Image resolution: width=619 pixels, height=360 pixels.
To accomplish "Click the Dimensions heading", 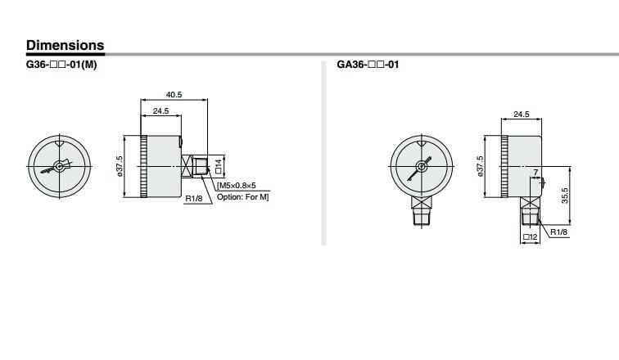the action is click(x=66, y=45).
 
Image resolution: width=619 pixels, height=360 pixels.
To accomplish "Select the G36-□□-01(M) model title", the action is click(x=61, y=65).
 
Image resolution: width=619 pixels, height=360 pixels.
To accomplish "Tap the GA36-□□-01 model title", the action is click(x=368, y=65).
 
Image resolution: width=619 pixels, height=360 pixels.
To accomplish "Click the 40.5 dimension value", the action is click(x=174, y=95).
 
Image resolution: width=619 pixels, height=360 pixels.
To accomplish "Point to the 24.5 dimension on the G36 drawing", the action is click(x=161, y=110).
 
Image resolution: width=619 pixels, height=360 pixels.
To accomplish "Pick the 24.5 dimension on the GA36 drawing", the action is click(x=522, y=114).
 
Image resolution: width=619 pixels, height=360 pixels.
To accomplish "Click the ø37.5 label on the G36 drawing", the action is click(x=120, y=165).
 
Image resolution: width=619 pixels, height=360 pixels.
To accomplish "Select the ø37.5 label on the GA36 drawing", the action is click(x=480, y=165).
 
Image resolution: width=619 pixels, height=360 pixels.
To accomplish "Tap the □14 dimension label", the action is click(x=219, y=166).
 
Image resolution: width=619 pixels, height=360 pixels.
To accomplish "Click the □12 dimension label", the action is click(x=531, y=237).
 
